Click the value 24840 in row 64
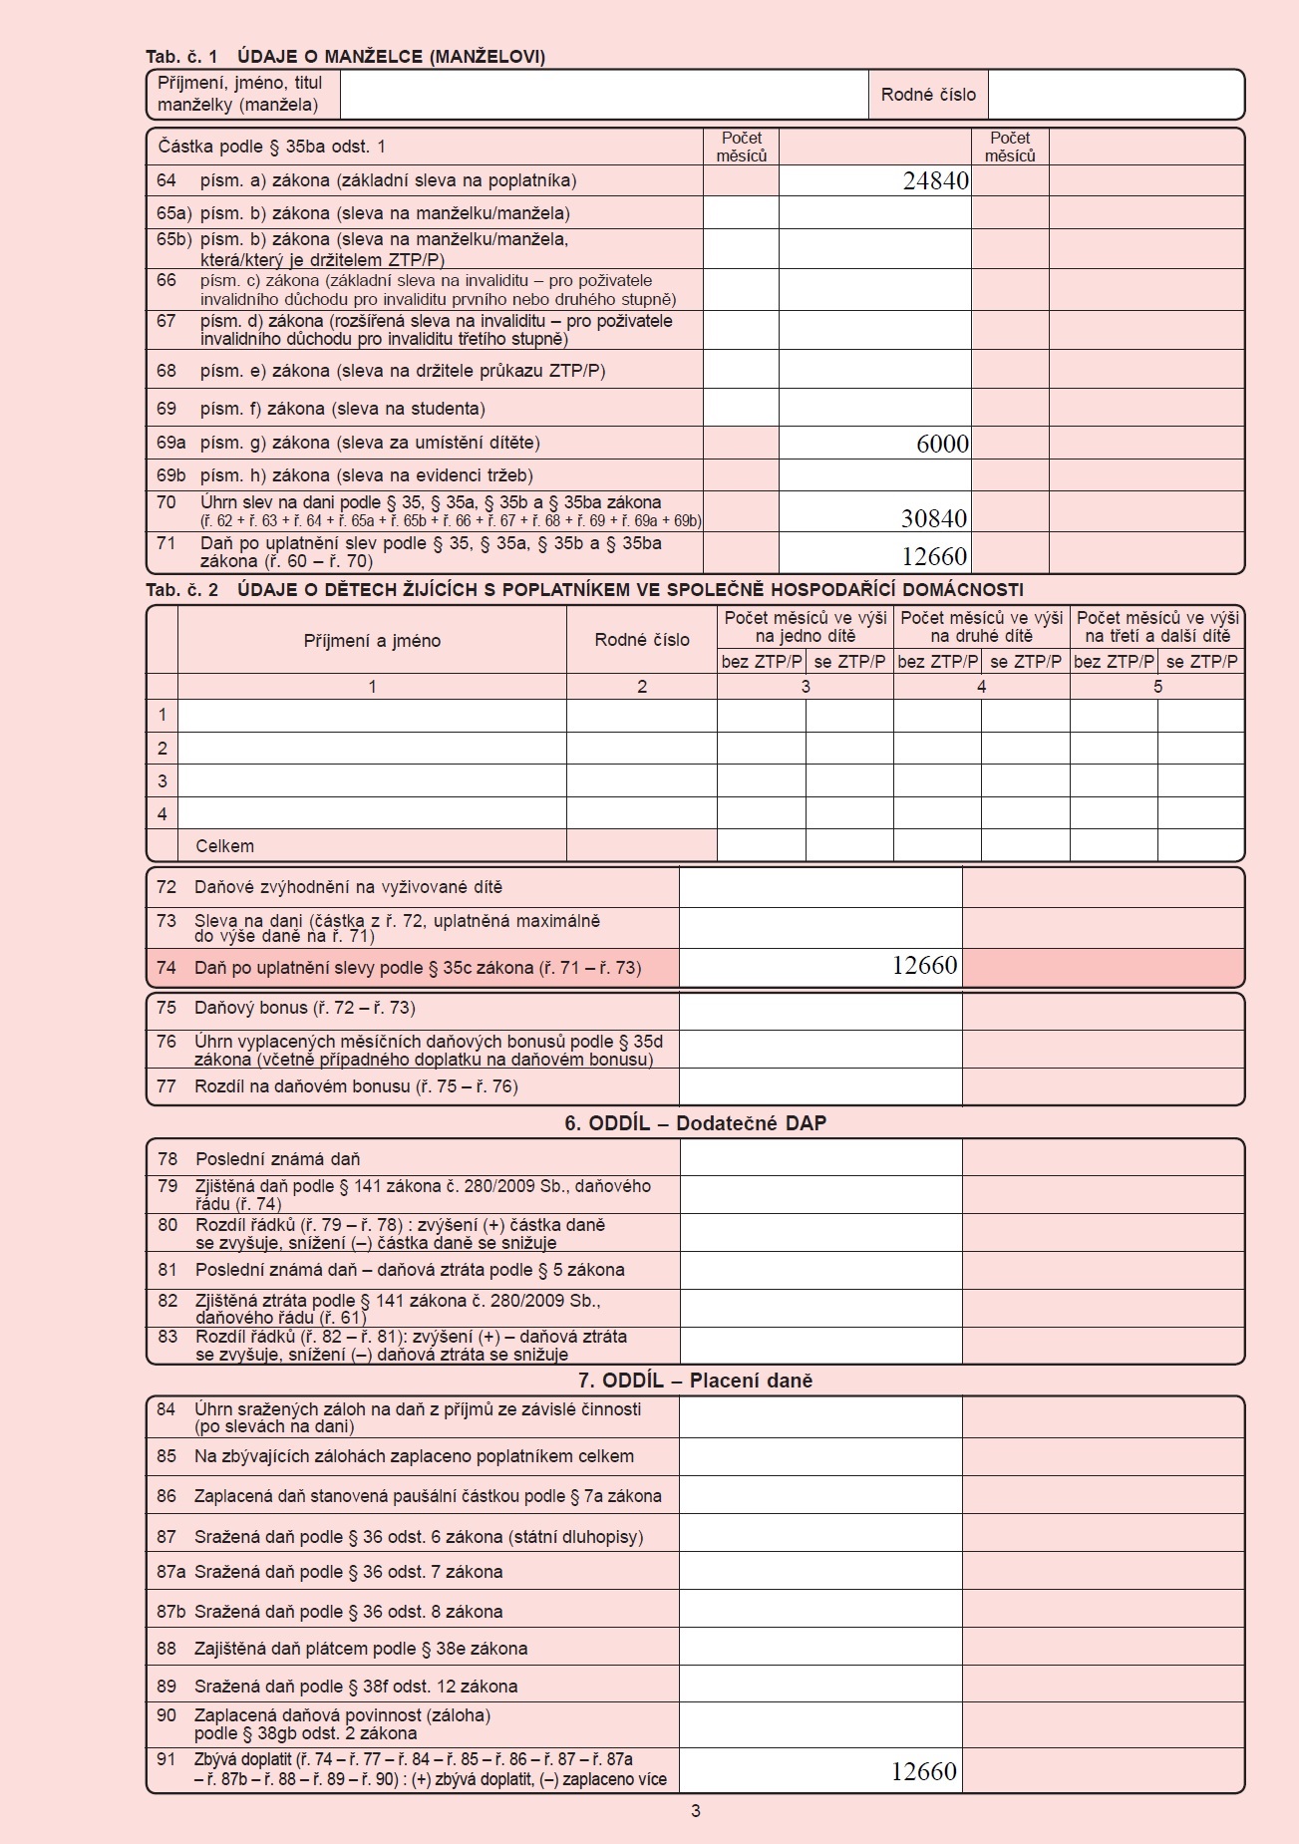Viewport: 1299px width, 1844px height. tap(935, 180)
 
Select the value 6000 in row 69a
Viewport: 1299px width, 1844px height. tap(942, 444)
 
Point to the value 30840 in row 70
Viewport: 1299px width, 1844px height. tap(933, 518)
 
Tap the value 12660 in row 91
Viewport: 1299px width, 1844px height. tap(923, 1771)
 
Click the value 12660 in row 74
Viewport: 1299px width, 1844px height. tap(924, 965)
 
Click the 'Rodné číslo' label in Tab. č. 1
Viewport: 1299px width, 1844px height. tap(928, 95)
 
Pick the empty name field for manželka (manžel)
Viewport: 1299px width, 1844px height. tap(603, 95)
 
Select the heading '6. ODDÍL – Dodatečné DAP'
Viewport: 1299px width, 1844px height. tap(695, 1123)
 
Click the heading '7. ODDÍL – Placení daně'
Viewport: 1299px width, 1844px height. tap(695, 1381)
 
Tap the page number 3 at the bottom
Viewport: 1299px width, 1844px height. tap(696, 1811)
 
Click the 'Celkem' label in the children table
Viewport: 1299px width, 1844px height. tap(224, 846)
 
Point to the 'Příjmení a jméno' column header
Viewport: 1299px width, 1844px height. tap(372, 641)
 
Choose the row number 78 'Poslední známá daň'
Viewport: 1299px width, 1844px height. tap(167, 1159)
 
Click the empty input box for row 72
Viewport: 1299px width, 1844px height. tap(820, 887)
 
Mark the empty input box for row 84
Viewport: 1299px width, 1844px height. tap(820, 1417)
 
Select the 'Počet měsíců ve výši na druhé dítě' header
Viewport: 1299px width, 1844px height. tap(981, 627)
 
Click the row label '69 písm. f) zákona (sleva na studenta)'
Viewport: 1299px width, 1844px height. tap(342, 409)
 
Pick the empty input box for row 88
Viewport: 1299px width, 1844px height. tap(820, 1649)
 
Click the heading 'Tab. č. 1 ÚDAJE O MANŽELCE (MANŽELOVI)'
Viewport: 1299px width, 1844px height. tap(345, 57)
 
